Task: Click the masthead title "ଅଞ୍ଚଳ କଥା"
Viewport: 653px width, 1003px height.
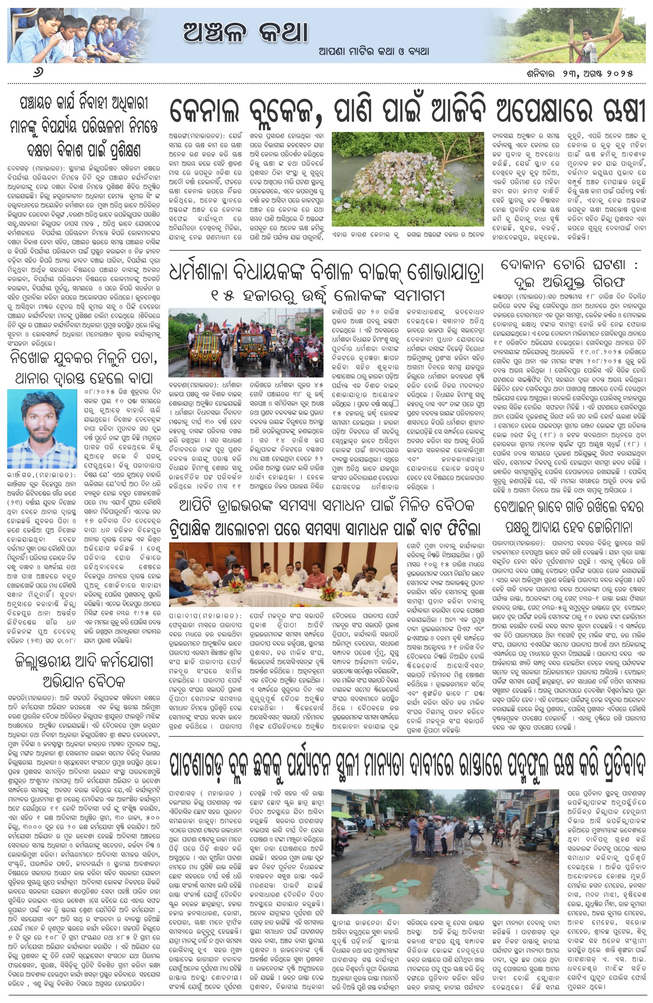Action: (x=246, y=33)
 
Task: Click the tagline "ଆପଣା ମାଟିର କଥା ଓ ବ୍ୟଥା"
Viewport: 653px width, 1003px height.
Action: (x=374, y=51)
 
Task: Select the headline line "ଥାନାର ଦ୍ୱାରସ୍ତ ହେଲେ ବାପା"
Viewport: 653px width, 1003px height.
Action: (x=84, y=377)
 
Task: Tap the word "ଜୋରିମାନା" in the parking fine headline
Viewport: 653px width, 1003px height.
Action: (x=609, y=527)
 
